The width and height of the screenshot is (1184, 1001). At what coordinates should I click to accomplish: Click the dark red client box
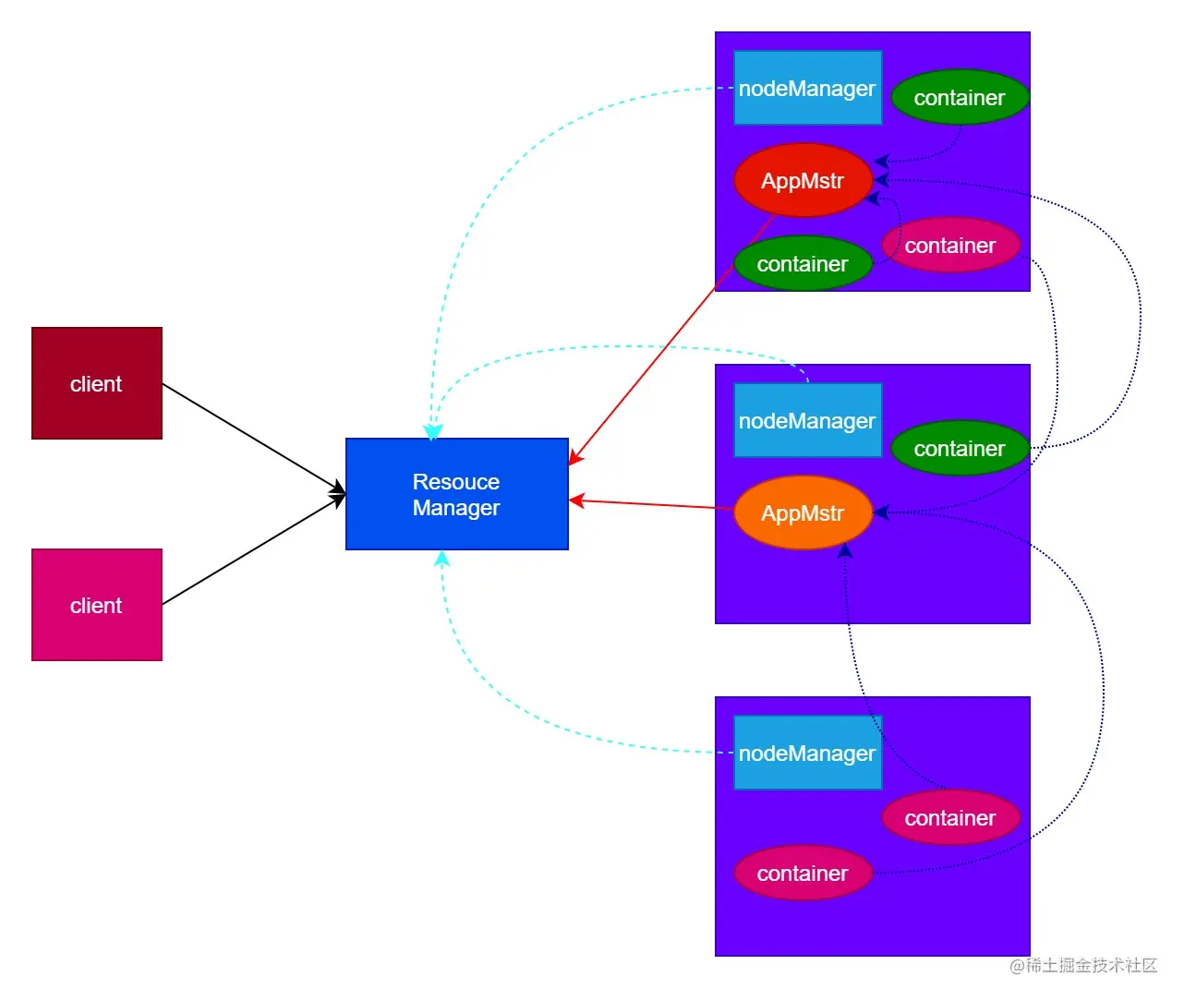tap(97, 383)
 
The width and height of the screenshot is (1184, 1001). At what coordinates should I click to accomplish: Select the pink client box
tap(97, 605)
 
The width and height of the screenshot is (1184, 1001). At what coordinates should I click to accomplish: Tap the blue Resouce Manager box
tap(456, 494)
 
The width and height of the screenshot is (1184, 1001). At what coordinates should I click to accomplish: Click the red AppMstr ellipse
tap(803, 180)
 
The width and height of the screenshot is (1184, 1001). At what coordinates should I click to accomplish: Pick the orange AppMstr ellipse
tap(803, 513)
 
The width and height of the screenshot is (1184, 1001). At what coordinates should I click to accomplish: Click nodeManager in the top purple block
tap(807, 88)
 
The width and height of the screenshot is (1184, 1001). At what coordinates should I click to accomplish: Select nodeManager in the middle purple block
tap(807, 420)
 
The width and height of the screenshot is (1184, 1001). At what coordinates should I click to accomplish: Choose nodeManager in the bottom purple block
tap(807, 753)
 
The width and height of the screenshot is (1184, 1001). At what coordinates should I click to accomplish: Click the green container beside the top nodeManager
tap(960, 97)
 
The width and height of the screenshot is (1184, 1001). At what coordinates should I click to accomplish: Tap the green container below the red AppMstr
tap(803, 264)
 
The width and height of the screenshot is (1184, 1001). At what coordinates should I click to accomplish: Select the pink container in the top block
tap(950, 245)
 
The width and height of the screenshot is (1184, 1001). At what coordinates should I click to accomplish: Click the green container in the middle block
tap(960, 448)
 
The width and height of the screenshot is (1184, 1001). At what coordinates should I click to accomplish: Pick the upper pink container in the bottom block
tap(950, 817)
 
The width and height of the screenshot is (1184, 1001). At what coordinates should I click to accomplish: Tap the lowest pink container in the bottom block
tap(803, 873)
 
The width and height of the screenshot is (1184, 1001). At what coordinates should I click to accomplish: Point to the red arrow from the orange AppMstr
tap(651, 504)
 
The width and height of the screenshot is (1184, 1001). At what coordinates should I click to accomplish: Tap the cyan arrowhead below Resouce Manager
tap(441, 559)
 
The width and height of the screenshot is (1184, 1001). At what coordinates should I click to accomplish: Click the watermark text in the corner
tap(1082, 965)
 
